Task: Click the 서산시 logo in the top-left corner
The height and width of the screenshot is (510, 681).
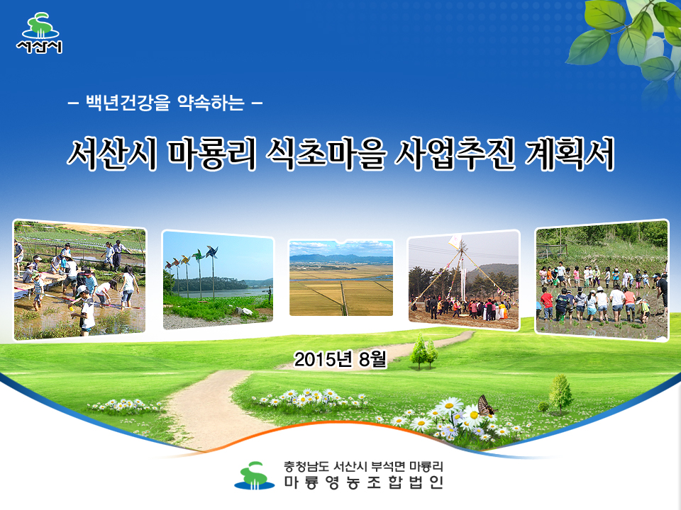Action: (39, 33)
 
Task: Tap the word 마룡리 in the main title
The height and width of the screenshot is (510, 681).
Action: (212, 154)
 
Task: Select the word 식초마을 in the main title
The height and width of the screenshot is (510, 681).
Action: (326, 154)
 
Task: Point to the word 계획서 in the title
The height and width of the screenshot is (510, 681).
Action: (570, 154)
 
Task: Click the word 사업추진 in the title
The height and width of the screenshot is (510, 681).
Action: (455, 154)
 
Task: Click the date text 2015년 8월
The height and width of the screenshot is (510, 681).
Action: (340, 359)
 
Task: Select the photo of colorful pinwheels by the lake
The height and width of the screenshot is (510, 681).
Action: (218, 280)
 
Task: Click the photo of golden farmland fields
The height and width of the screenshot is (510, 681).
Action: (341, 278)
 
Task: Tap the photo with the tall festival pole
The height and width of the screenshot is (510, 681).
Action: (464, 280)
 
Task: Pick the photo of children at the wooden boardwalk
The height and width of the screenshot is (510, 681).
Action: (80, 280)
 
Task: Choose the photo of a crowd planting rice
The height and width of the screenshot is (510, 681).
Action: (602, 280)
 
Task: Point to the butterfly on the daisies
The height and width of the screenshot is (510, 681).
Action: (486, 405)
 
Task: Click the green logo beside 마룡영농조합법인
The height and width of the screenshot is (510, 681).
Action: (255, 475)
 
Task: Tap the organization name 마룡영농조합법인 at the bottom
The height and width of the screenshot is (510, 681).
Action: (364, 482)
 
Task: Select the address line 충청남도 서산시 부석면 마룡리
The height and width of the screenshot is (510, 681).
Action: (363, 467)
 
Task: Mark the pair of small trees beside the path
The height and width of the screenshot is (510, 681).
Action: (424, 351)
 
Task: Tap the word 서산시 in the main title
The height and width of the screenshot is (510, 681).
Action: (112, 154)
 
